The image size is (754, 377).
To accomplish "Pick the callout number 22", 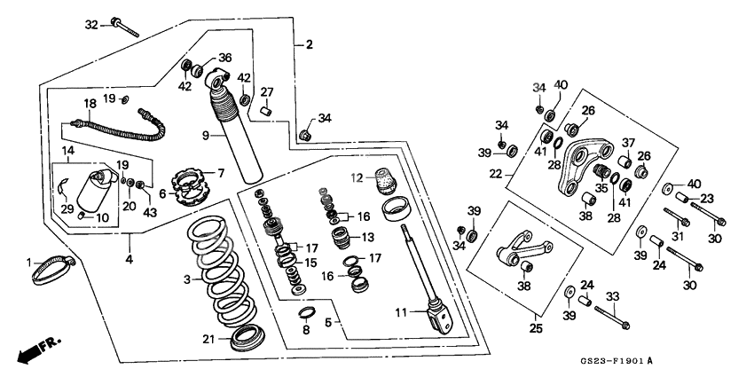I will [x=496, y=173].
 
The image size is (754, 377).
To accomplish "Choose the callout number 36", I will [x=224, y=58].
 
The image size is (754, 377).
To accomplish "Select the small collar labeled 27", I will [x=264, y=111].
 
